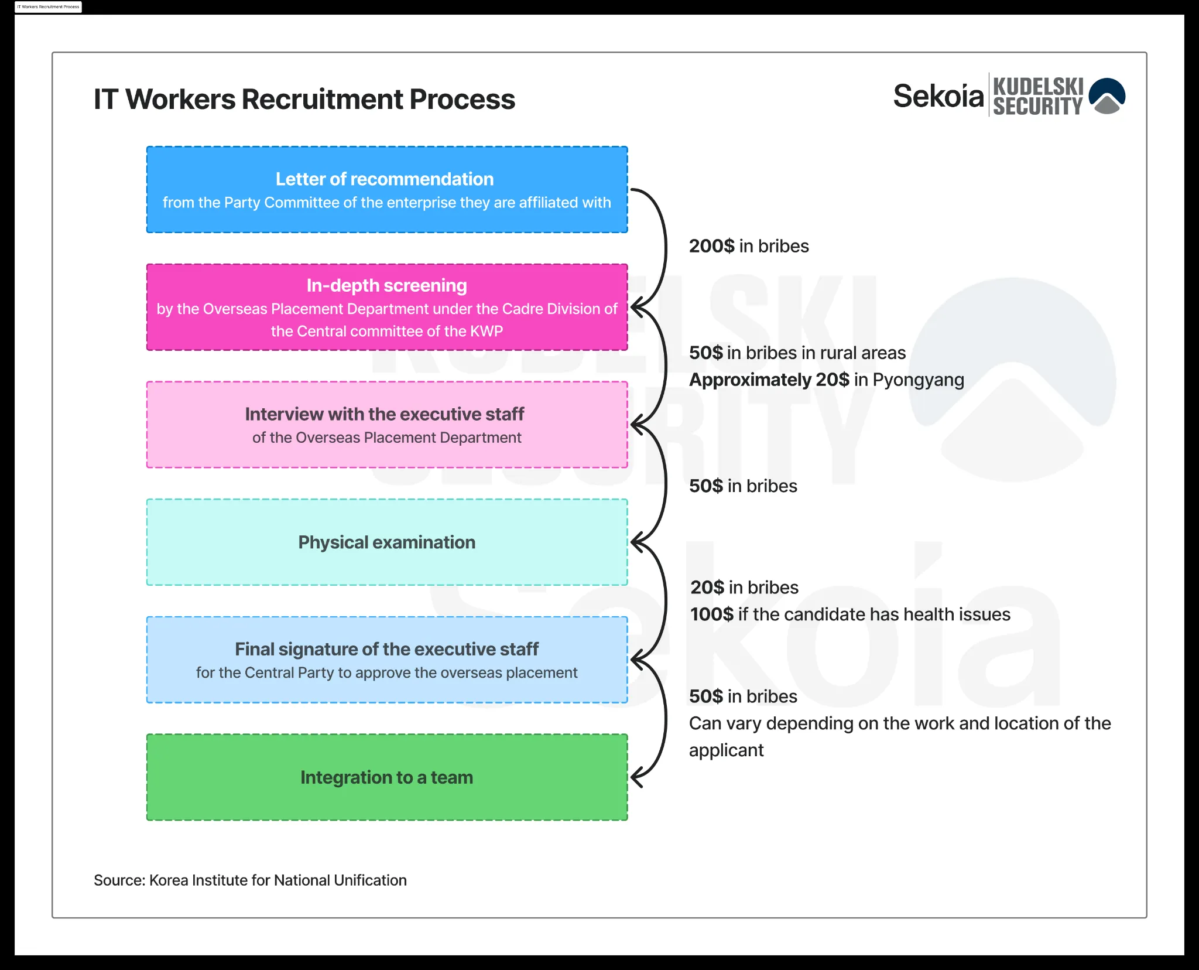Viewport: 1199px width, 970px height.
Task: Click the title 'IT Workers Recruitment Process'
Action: pyautogui.click(x=304, y=99)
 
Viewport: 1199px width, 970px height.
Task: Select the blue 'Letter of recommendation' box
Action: pyautogui.click(x=387, y=190)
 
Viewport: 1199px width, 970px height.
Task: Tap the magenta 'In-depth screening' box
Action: pyautogui.click(x=387, y=308)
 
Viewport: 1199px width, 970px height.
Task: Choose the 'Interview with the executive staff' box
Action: pyautogui.click(x=387, y=425)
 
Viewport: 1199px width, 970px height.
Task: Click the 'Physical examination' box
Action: pyautogui.click(x=387, y=542)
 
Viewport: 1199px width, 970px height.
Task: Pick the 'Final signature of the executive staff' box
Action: pyautogui.click(x=387, y=660)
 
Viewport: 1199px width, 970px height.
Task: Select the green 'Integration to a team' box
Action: pyautogui.click(x=387, y=777)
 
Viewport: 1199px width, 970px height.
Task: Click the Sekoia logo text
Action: pyautogui.click(x=938, y=96)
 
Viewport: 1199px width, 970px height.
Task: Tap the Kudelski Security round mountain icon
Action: pyautogui.click(x=1107, y=95)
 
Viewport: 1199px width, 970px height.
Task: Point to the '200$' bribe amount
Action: pyautogui.click(x=711, y=246)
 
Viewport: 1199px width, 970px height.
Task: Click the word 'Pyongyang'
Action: pyautogui.click(x=918, y=380)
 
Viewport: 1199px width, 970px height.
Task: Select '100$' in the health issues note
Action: pyautogui.click(x=711, y=614)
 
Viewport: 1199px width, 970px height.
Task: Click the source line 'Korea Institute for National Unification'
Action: pyautogui.click(x=278, y=880)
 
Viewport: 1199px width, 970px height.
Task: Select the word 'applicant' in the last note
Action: pyautogui.click(x=726, y=751)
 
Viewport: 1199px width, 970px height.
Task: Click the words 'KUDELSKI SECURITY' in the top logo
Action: pyautogui.click(x=1038, y=96)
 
